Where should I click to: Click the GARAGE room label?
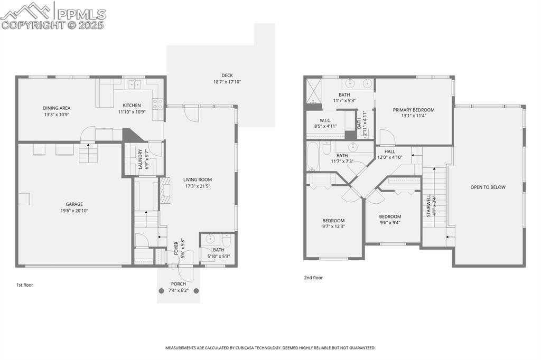74,204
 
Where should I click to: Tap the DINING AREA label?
57,108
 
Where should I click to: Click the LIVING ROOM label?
198,179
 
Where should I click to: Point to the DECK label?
227,75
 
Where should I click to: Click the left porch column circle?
162,290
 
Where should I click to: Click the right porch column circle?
196,290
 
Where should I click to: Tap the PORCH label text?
178,284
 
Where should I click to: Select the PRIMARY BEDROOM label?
413,110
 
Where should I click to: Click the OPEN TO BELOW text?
488,187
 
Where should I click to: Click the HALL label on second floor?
389,151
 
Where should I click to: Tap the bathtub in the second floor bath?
313,156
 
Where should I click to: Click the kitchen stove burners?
157,103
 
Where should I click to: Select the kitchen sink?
134,84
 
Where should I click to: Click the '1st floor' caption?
24,285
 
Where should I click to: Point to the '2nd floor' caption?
313,278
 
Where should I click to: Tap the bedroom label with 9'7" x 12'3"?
333,221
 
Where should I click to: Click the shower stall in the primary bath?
313,91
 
